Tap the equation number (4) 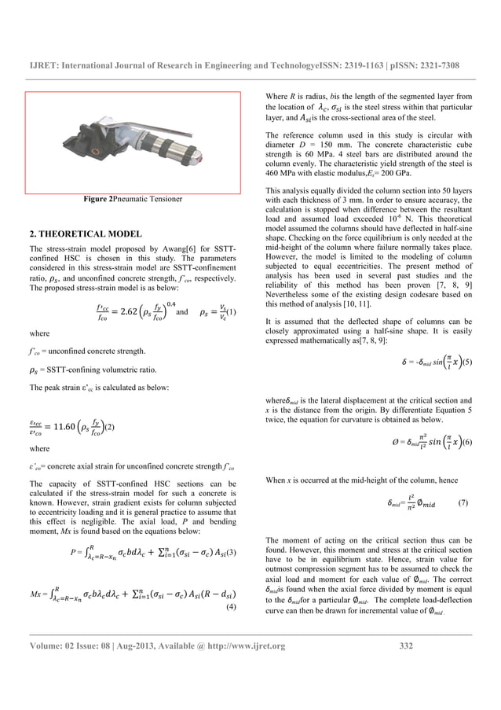pyautogui.click(x=232, y=608)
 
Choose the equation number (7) pyautogui.click(x=463, y=479)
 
